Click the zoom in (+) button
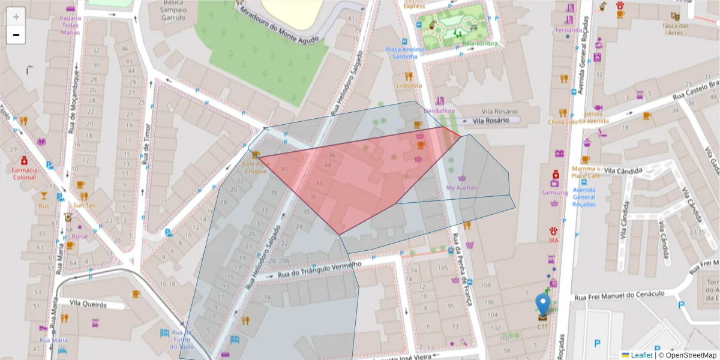(x=16, y=16)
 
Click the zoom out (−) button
(x=16, y=35)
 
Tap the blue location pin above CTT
(x=542, y=304)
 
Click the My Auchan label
(x=462, y=188)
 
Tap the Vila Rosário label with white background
(x=490, y=121)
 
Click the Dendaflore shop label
(x=440, y=111)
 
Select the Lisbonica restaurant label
(x=409, y=85)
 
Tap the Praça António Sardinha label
(x=401, y=53)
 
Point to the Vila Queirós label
(x=88, y=304)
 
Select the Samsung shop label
(x=554, y=193)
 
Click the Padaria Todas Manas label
(x=70, y=25)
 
